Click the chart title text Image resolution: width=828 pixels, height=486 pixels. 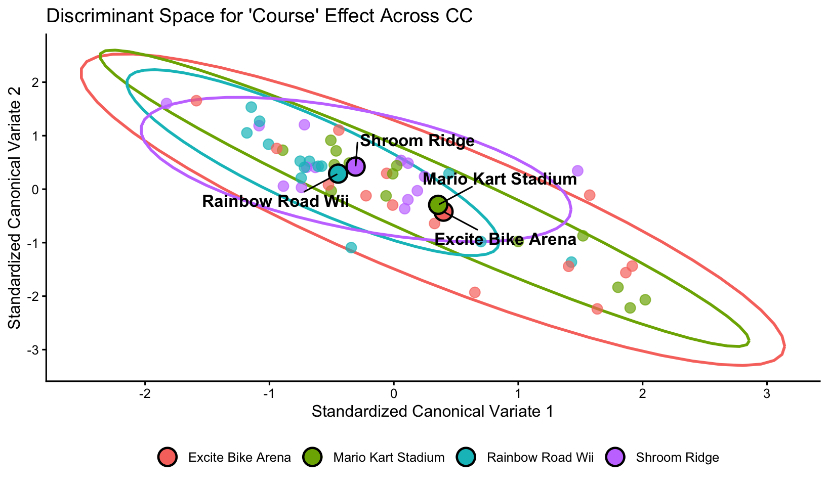pos(259,16)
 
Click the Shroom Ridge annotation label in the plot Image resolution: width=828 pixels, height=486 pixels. pos(417,141)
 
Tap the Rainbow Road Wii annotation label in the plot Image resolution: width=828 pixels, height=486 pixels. pos(275,202)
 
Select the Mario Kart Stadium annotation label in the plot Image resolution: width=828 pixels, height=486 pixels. pos(499,179)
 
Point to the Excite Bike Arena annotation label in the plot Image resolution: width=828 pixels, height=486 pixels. pos(505,239)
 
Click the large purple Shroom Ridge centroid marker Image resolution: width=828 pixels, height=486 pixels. pos(356,166)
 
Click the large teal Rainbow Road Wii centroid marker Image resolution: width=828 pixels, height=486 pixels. pos(338,173)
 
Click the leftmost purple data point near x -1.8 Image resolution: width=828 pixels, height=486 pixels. pos(166,104)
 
